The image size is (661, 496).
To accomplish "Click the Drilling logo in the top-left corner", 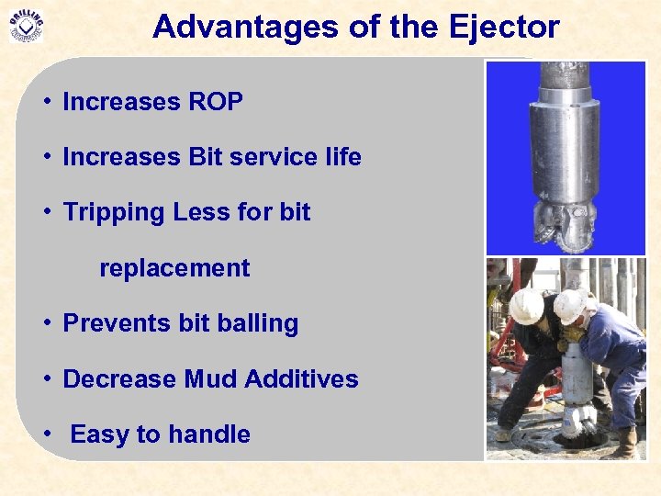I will point(26,25).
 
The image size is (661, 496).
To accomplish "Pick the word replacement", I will point(174,268).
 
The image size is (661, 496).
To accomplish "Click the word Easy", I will point(99,434).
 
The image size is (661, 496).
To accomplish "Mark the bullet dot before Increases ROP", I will point(46,103).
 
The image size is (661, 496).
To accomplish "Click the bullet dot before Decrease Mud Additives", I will point(46,379).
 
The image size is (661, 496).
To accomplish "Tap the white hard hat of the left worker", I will point(527,306).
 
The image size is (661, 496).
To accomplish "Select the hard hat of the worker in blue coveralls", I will point(570,305).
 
